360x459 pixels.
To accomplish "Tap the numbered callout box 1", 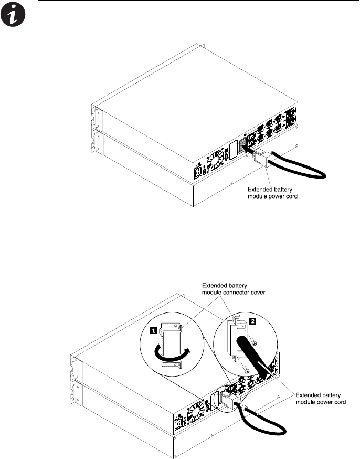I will (153, 330).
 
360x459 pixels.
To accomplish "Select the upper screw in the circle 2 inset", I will (253, 342).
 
